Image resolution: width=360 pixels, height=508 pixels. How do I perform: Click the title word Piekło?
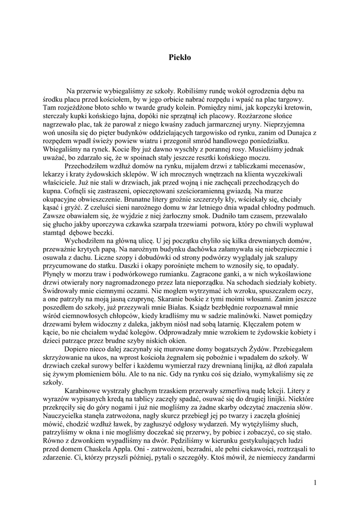(x=180, y=58)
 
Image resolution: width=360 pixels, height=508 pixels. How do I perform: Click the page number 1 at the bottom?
(x=316, y=482)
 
